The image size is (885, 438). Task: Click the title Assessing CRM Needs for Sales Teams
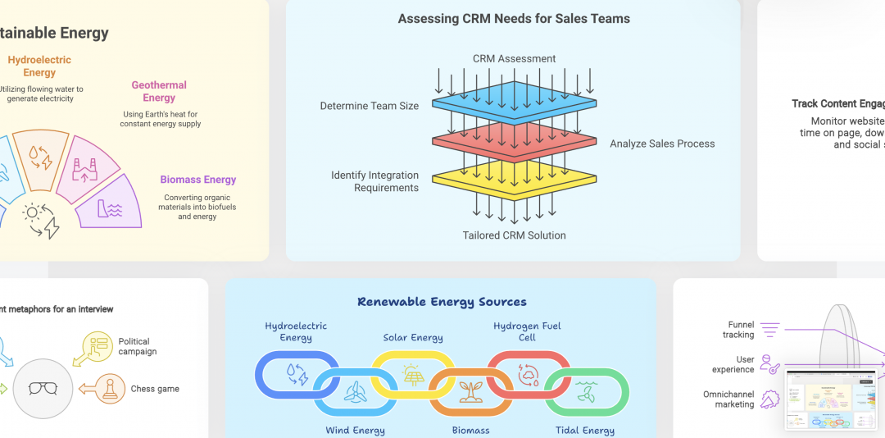[x=514, y=19]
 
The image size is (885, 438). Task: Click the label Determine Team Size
[x=369, y=106]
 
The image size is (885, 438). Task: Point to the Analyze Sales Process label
[x=662, y=144]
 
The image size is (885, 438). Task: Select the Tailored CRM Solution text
[x=514, y=235]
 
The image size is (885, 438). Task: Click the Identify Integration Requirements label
[x=374, y=181]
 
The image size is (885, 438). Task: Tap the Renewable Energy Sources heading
[x=442, y=302]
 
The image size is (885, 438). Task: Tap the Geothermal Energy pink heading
[x=159, y=91]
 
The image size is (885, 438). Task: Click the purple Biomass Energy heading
[x=198, y=180]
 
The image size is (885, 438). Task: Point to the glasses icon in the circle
[x=43, y=387]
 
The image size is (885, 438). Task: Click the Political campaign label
[x=137, y=346]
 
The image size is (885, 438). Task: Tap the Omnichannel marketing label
[x=728, y=399]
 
